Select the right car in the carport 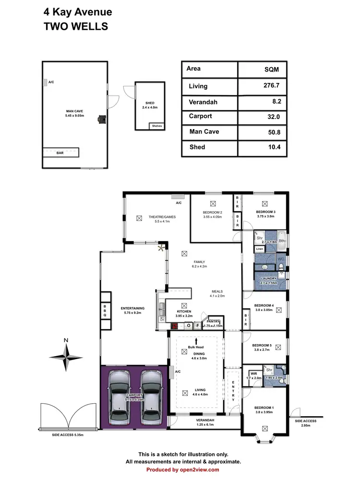click(x=150, y=396)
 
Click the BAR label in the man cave click(x=60, y=153)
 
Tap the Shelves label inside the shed click(x=157, y=126)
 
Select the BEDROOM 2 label click(x=212, y=212)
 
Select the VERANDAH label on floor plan click(x=205, y=420)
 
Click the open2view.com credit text click(x=180, y=469)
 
